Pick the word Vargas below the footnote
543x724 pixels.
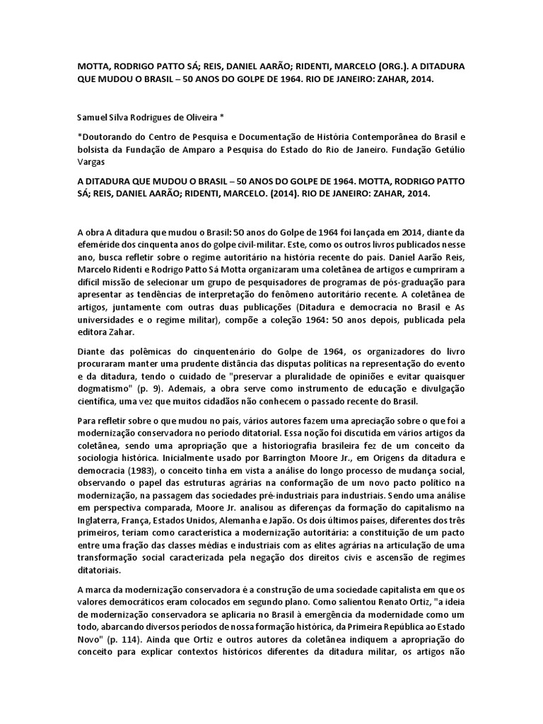(x=91, y=162)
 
